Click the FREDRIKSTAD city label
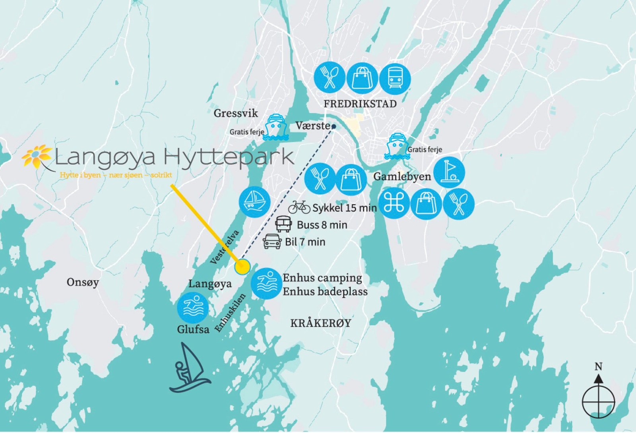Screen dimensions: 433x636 (360, 104)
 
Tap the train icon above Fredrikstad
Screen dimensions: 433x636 (394, 78)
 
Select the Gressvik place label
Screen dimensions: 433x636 (236, 113)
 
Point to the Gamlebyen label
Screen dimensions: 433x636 (402, 177)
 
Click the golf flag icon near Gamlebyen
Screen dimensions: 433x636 (449, 173)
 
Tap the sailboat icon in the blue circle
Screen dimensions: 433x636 (254, 201)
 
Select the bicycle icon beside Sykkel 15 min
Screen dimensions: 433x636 (299, 207)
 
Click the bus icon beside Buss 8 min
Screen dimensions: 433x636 (284, 224)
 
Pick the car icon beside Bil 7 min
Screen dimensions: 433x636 (272, 241)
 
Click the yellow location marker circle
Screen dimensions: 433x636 (242, 267)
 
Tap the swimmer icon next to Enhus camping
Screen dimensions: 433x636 (267, 284)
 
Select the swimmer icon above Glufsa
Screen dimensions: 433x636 (193, 308)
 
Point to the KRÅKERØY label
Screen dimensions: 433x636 (321, 323)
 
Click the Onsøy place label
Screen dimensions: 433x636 (83, 282)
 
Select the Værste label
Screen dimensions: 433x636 (312, 126)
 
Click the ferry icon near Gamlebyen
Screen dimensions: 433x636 (397, 147)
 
